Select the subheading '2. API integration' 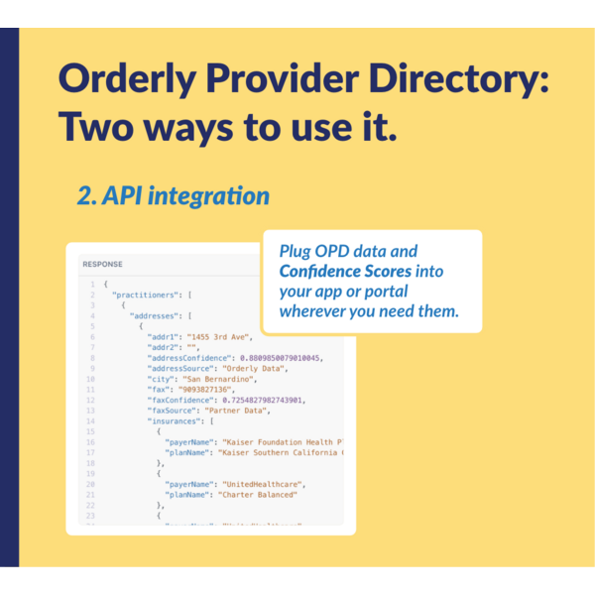coord(174,196)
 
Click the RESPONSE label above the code coord(102,265)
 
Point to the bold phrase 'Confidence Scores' coord(345,271)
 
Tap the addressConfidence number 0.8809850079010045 coord(282,357)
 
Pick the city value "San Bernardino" coord(220,379)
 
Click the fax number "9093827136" coord(205,390)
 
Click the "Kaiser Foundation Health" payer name coord(282,441)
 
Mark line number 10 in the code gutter coord(90,379)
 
